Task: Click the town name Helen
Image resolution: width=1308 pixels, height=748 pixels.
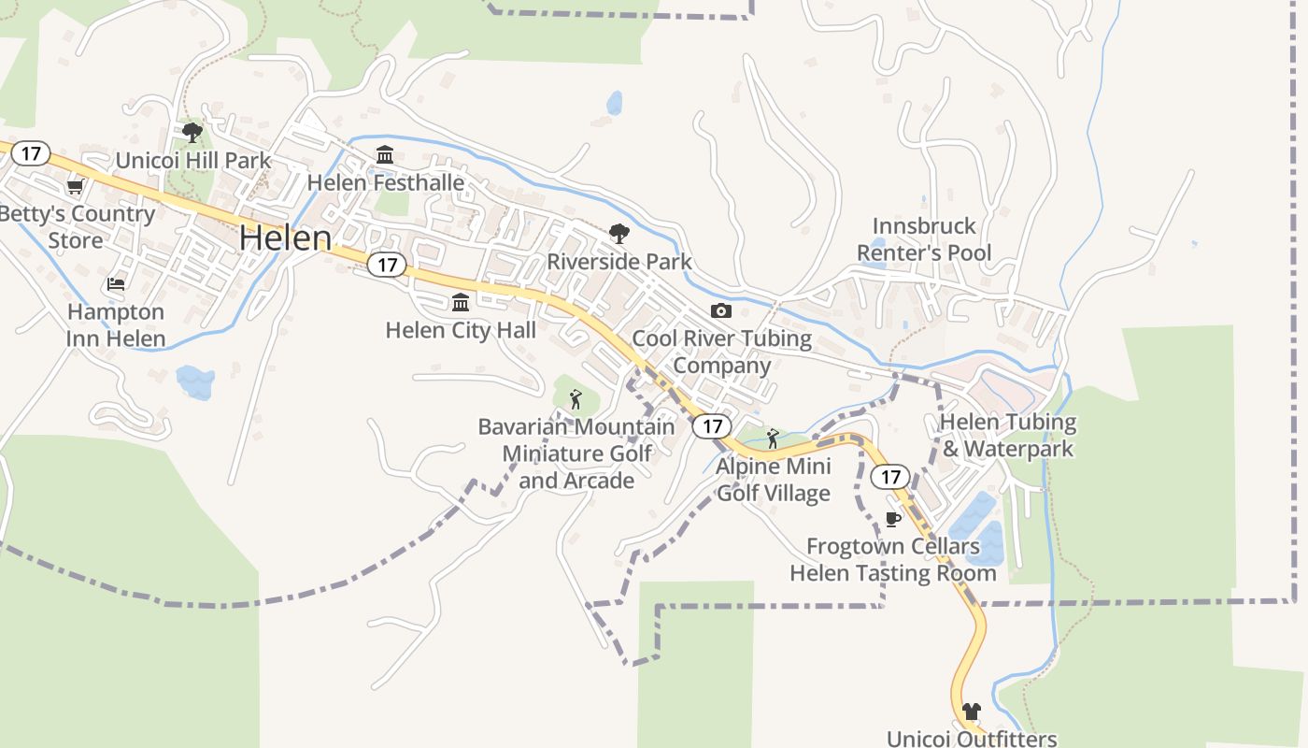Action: (x=285, y=237)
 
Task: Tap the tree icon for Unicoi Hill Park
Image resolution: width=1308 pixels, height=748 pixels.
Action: (x=192, y=133)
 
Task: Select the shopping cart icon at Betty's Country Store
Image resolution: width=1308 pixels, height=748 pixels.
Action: (x=75, y=187)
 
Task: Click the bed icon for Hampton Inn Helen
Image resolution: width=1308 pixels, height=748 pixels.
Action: (x=116, y=283)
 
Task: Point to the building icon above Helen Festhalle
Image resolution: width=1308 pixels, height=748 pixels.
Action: (x=385, y=154)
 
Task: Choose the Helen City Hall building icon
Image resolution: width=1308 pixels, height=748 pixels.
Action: (x=461, y=303)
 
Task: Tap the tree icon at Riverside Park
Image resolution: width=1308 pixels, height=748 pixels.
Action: (x=618, y=234)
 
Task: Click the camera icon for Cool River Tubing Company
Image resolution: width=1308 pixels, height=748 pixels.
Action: (x=721, y=310)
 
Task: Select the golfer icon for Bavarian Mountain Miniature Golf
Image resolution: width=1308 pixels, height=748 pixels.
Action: (x=576, y=400)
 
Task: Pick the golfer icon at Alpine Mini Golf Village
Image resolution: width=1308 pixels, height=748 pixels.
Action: (x=773, y=439)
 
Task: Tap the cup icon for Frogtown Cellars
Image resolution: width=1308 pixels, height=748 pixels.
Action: (x=893, y=519)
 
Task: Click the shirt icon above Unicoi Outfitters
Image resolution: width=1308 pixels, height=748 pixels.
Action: (x=972, y=712)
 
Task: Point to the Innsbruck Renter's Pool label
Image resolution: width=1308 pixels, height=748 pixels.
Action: (x=923, y=239)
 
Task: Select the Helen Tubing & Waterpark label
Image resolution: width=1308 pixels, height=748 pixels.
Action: (x=1007, y=435)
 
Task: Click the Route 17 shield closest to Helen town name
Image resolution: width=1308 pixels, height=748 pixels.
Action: (x=387, y=265)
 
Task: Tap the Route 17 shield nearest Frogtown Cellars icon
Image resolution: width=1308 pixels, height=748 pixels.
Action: (x=890, y=477)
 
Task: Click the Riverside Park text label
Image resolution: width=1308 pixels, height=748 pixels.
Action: (x=619, y=262)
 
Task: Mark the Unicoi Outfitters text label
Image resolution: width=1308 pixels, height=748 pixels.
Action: (x=972, y=738)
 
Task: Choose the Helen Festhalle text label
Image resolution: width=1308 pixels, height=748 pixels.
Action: (x=386, y=182)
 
